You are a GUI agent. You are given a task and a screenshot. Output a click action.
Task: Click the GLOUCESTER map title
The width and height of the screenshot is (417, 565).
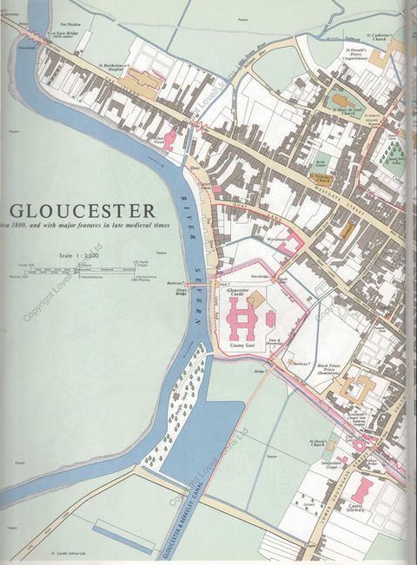(x=83, y=211)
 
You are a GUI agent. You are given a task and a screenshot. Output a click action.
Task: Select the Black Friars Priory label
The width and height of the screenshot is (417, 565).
(x=329, y=370)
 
